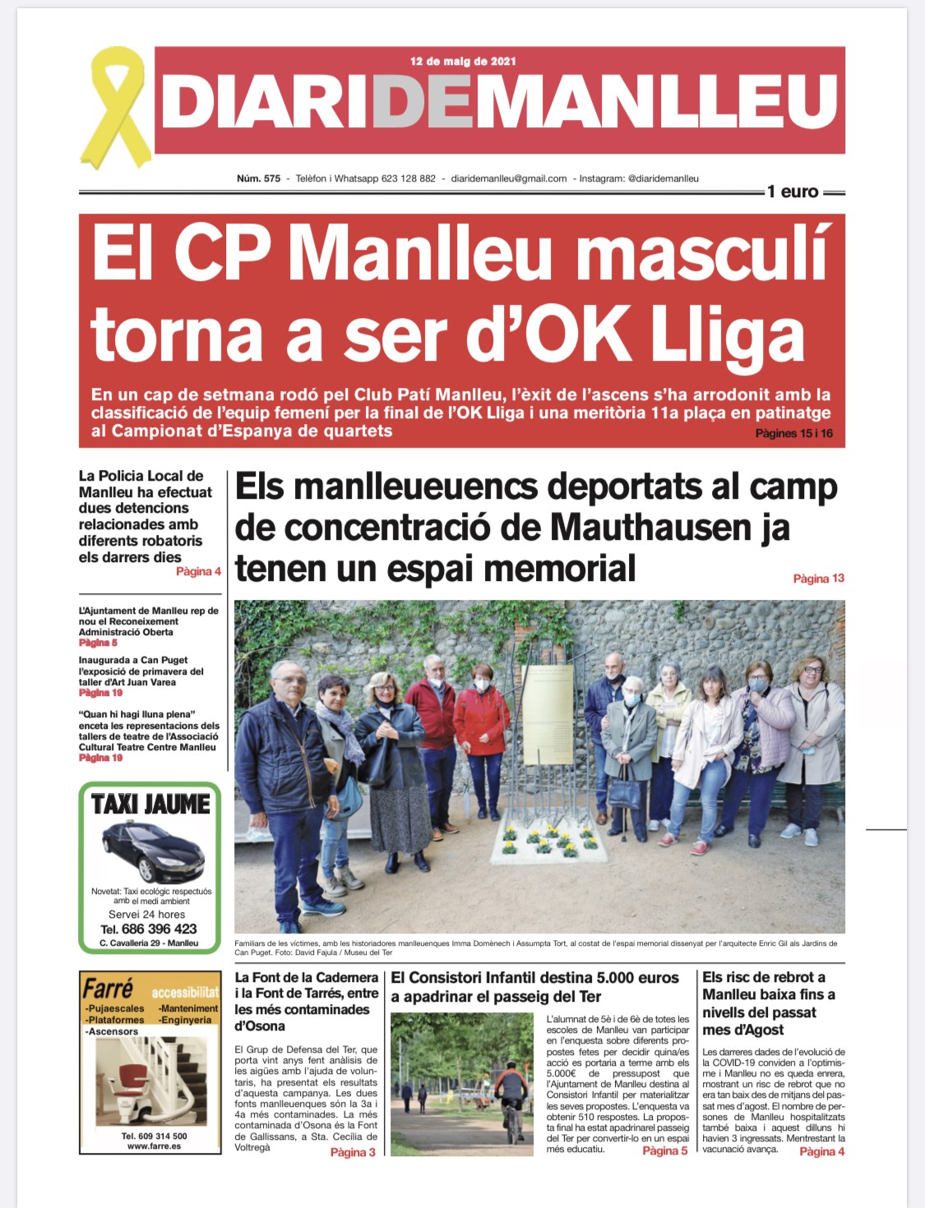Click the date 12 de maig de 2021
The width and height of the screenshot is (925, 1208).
[463, 62]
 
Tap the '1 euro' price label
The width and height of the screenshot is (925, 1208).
[793, 192]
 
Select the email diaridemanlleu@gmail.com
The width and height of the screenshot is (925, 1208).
[509, 178]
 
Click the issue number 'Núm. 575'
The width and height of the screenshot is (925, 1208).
[258, 178]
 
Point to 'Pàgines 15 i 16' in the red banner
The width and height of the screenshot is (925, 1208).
[793, 433]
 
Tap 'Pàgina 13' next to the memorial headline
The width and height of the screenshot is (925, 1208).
[818, 579]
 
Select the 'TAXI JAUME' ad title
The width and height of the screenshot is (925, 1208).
[150, 804]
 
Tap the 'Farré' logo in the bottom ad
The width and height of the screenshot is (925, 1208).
[108, 987]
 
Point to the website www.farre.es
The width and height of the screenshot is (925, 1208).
[154, 1146]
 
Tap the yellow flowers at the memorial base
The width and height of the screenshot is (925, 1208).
[549, 838]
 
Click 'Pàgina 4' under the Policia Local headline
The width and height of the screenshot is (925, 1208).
[198, 572]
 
